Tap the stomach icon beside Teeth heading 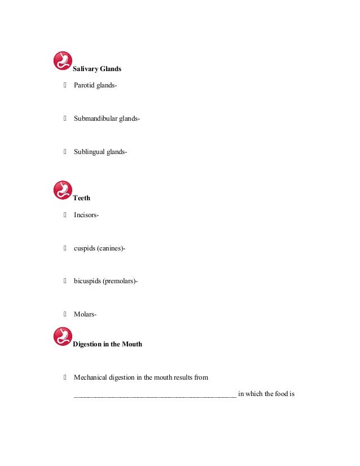coord(63,190)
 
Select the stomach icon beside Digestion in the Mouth coord(63,336)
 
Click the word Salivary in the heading coord(86,69)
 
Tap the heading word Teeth coord(81,199)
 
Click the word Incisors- coord(86,215)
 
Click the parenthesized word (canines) coord(111,248)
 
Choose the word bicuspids coord(87,281)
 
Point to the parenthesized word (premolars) coord(120,281)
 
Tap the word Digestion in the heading coord(88,344)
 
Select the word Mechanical coord(91,377)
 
